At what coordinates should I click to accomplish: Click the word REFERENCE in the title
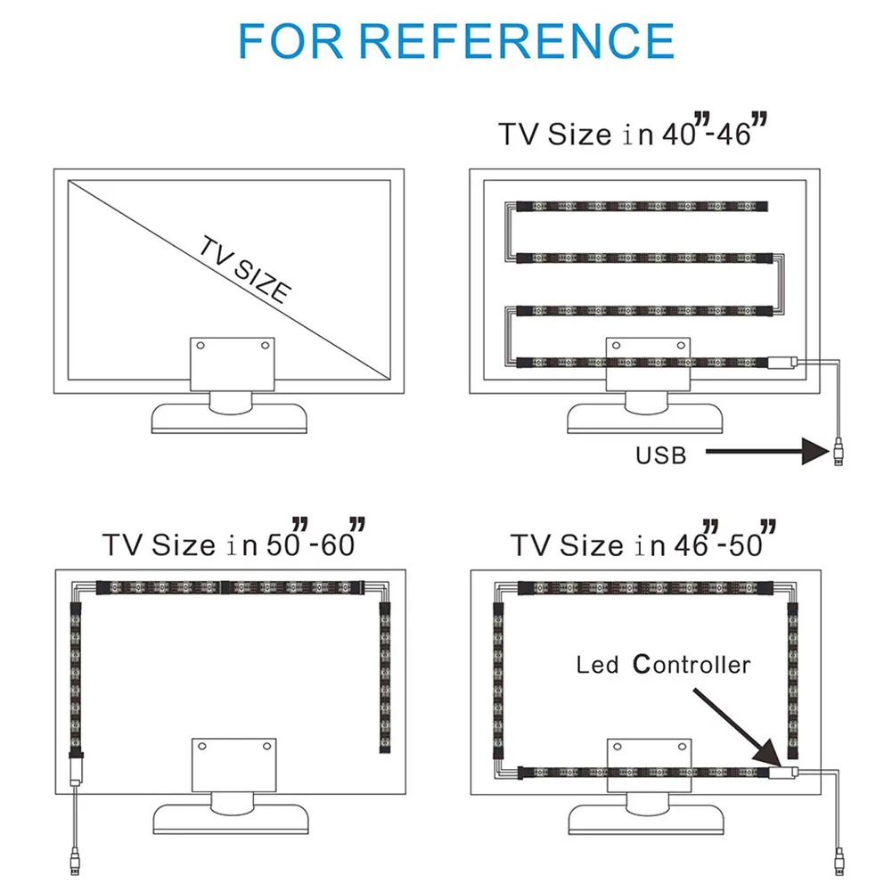(517, 41)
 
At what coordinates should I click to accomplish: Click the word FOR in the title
(291, 41)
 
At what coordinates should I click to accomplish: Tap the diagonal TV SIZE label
(246, 270)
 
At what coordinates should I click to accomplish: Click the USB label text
(661, 455)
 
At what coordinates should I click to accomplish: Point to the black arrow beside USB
(767, 451)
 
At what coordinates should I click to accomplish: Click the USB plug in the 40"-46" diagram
(839, 453)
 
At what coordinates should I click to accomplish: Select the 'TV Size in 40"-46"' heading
(633, 131)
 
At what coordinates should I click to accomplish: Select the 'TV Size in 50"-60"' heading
(233, 538)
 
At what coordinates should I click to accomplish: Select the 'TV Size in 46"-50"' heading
(643, 539)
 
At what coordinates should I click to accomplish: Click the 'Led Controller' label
(663, 665)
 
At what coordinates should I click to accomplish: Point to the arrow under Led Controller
(737, 727)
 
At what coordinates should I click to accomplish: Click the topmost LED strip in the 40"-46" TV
(642, 206)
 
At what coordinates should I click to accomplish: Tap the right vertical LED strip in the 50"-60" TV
(385, 676)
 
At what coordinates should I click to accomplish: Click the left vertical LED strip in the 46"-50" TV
(498, 681)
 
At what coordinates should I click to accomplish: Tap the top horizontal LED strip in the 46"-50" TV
(645, 588)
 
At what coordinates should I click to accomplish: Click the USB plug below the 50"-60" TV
(75, 861)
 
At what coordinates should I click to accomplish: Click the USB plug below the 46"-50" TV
(839, 862)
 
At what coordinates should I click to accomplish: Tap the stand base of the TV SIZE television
(229, 418)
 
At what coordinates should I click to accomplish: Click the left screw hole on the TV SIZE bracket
(200, 346)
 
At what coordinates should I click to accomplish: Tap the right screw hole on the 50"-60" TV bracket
(266, 746)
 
